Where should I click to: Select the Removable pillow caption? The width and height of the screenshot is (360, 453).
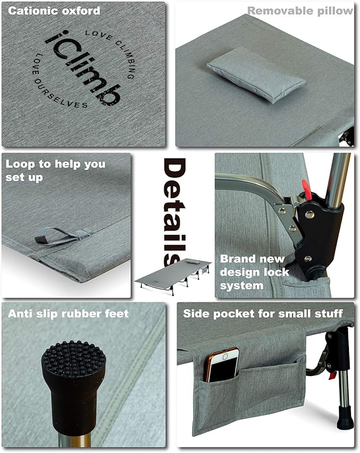pyautogui.click(x=300, y=11)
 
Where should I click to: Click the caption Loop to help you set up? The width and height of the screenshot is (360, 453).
pyautogui.click(x=55, y=170)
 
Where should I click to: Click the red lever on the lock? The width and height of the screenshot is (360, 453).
pyautogui.click(x=306, y=188)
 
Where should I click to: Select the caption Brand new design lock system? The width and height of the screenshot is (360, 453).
pyautogui.click(x=254, y=272)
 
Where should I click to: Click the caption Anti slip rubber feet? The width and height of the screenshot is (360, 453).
pyautogui.click(x=68, y=314)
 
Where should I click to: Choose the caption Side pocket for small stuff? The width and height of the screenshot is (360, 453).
pyautogui.click(x=263, y=313)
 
